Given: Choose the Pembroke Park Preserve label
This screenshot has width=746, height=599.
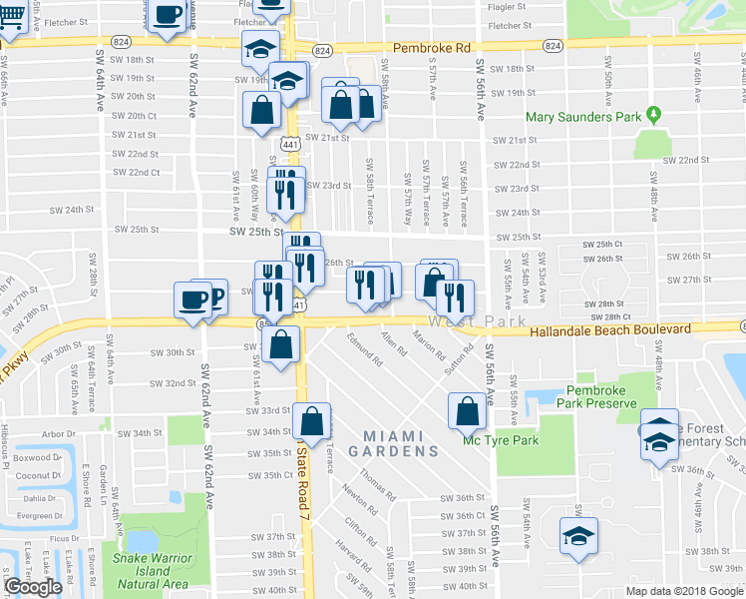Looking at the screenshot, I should tap(586, 396).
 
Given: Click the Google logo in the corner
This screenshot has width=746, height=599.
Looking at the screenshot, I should tap(33, 587).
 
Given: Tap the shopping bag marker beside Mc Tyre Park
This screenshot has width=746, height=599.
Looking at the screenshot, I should tap(467, 409).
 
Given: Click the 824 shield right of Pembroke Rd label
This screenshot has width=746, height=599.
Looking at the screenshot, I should tap(555, 46).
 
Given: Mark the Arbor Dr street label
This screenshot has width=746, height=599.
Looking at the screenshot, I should tap(58, 434).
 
